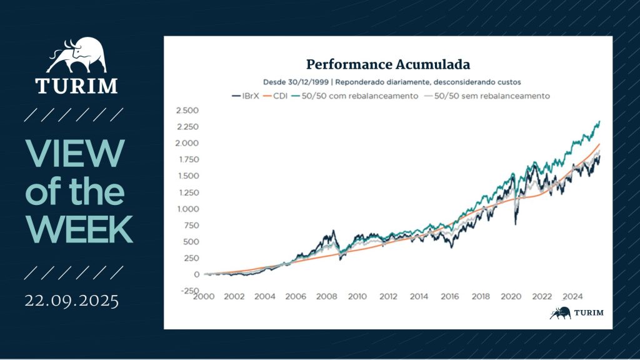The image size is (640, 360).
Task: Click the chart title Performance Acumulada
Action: coord(387,64)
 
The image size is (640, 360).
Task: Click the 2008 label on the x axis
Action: coord(326,296)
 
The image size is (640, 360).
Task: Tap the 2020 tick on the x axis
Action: coord(511,296)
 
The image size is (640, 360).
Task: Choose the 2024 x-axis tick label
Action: coord(572,296)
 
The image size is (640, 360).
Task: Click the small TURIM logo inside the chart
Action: coord(576,313)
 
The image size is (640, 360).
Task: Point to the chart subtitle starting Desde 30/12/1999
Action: coord(387,82)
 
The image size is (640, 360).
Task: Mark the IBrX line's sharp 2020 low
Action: coord(516,223)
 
